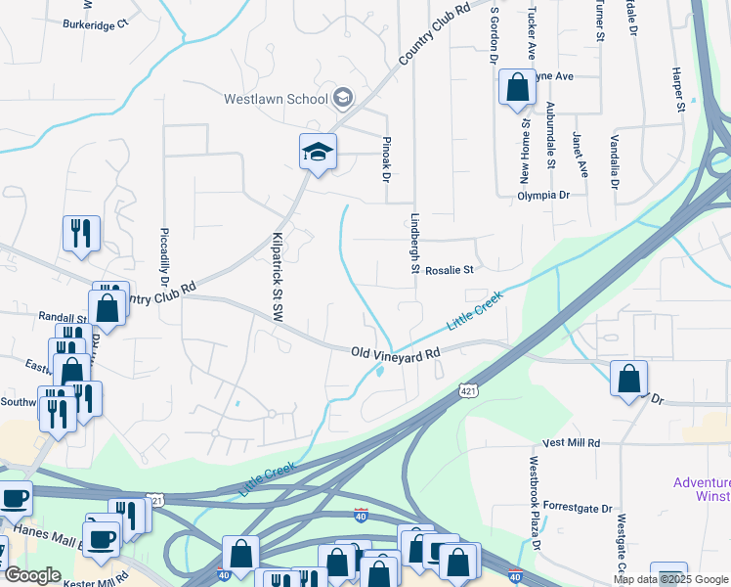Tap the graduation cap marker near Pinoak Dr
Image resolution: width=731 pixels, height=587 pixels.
coord(318,153)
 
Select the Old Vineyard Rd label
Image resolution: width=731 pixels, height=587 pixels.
coord(396,353)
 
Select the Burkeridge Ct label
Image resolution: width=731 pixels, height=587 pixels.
coord(95,23)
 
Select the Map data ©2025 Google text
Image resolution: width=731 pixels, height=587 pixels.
coord(670,579)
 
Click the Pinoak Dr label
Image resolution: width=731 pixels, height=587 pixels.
coord(385,160)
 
